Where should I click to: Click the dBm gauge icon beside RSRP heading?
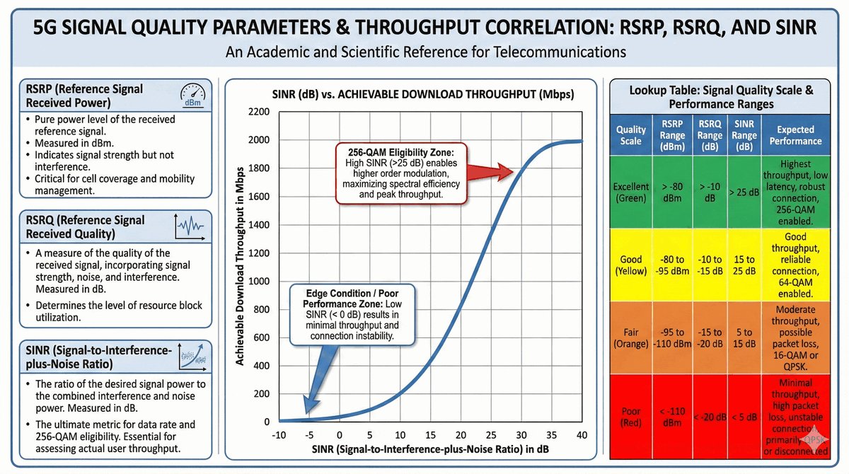[x=191, y=96]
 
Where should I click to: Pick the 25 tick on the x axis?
[x=491, y=434]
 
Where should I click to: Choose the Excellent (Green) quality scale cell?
[x=630, y=192]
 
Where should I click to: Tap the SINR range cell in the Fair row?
[x=744, y=337]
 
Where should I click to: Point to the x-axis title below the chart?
[x=432, y=450]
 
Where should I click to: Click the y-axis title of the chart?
[x=241, y=267]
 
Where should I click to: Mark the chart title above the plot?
[x=423, y=94]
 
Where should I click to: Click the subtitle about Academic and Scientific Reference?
[x=424, y=52]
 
